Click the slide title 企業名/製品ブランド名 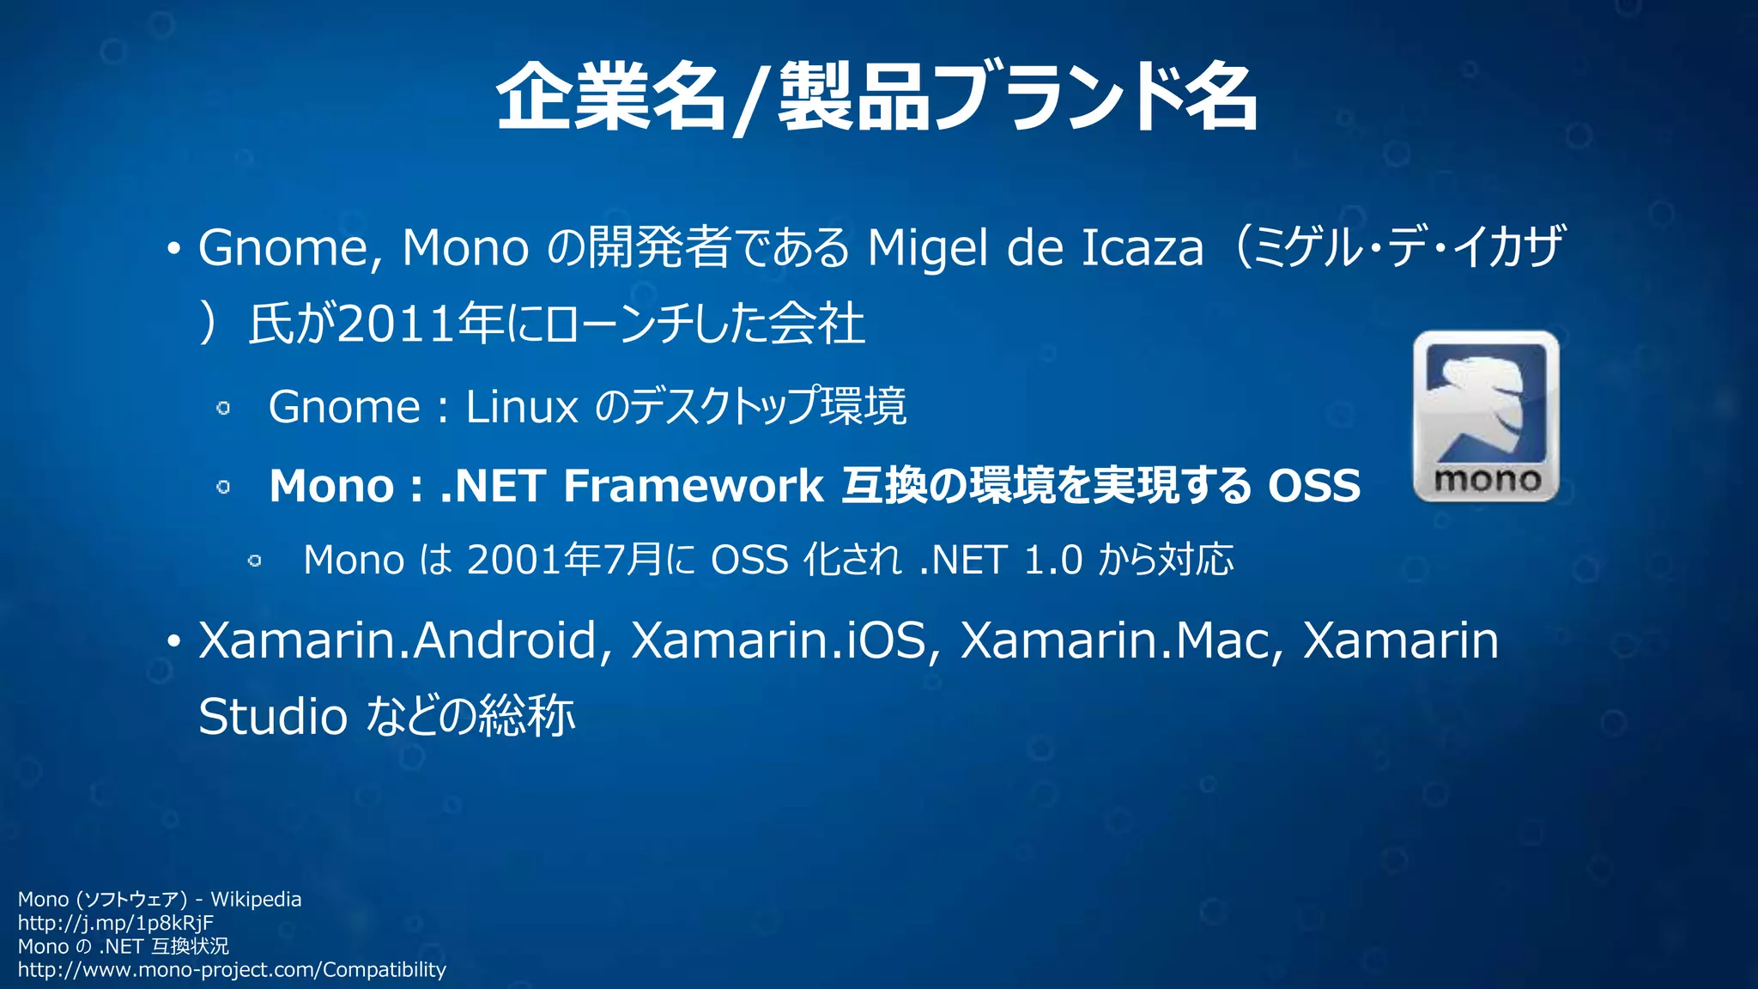click(x=877, y=97)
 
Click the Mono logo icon click(x=1486, y=416)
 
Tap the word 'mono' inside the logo click(x=1487, y=479)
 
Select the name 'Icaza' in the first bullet click(x=1142, y=248)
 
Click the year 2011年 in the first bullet click(x=421, y=325)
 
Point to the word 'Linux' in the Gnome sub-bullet click(x=522, y=407)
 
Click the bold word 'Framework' click(x=694, y=486)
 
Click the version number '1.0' click(x=1053, y=560)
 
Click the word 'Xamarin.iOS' click(x=779, y=640)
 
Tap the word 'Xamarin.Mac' click(x=1115, y=640)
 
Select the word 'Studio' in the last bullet click(x=273, y=717)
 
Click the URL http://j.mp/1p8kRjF click(x=116, y=923)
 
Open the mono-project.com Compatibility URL click(x=232, y=970)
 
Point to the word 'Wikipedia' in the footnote click(x=256, y=900)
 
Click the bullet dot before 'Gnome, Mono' click(x=174, y=250)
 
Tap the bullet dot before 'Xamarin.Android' click(x=174, y=642)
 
